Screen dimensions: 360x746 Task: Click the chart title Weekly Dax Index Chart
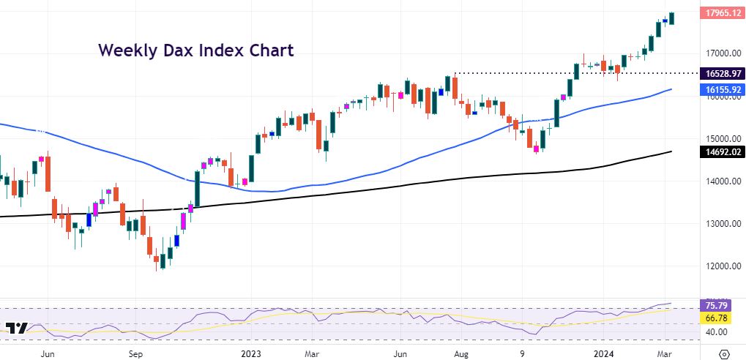click(x=195, y=50)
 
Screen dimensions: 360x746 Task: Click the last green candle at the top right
click(x=672, y=18)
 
